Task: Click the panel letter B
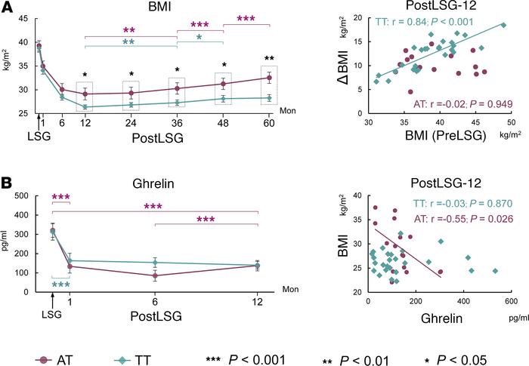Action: coord(8,184)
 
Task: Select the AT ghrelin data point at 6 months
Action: coord(155,276)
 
